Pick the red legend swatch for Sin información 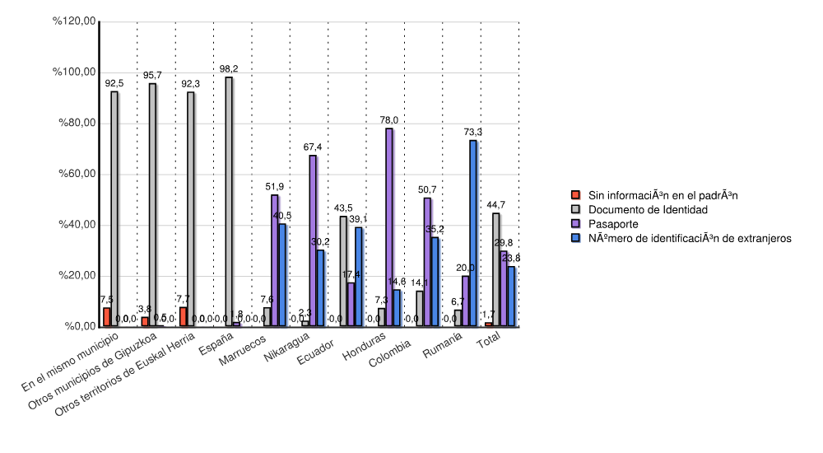(x=576, y=195)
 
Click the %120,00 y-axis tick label (x=72, y=21)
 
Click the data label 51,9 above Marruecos (x=274, y=187)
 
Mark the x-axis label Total (x=490, y=344)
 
